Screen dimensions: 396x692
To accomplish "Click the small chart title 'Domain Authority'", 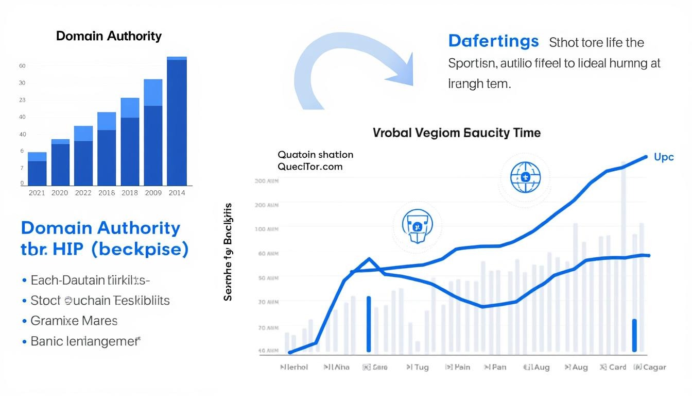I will click(109, 36).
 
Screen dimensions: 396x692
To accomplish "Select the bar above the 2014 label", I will click(177, 122).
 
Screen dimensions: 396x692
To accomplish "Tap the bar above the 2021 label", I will click(37, 169).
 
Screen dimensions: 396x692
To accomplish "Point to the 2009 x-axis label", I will click(153, 193).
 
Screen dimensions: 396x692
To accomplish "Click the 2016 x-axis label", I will click(107, 193).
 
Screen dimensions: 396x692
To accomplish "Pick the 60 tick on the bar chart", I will click(22, 66).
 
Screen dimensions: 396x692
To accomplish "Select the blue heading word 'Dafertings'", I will click(493, 41).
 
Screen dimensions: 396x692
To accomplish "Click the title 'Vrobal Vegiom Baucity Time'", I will click(456, 133).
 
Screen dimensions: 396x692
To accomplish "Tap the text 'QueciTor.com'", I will click(310, 167).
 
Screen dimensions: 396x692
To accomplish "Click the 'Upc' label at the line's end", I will click(664, 157).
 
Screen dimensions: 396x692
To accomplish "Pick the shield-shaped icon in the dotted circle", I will click(417, 226).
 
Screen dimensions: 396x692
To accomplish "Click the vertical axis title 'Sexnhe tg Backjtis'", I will click(228, 252).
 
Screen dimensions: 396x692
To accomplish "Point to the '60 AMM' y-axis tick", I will click(266, 254).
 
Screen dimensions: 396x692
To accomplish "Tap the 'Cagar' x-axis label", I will click(649, 367).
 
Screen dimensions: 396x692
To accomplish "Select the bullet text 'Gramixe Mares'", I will click(74, 321).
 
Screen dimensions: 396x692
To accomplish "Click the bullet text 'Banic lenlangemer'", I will click(85, 341).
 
